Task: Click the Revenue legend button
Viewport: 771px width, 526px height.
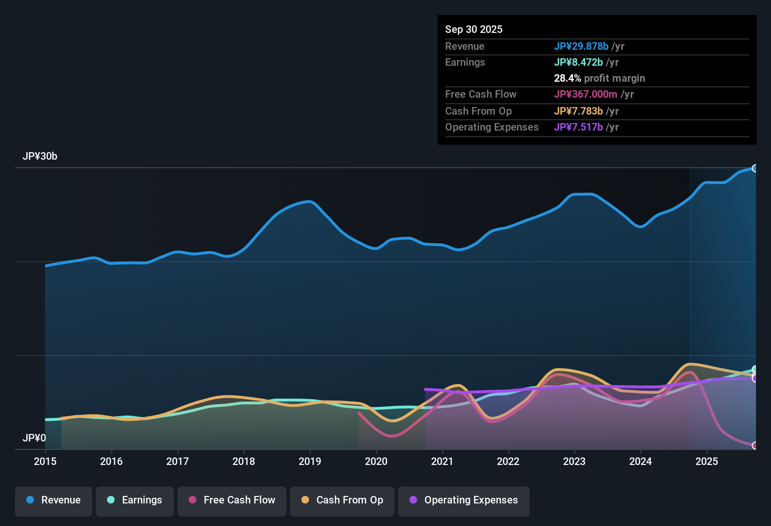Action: tap(54, 500)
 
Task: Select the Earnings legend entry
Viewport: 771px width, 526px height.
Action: tap(135, 500)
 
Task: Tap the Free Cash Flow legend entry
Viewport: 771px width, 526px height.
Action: tap(232, 500)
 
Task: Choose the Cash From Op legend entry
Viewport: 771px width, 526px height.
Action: tap(342, 500)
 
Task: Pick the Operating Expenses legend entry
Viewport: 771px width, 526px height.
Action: tap(464, 500)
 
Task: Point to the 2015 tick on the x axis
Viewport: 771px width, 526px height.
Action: tap(45, 461)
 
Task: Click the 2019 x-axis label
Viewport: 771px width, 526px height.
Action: tap(310, 461)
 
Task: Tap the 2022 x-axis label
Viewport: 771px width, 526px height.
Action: tap(508, 461)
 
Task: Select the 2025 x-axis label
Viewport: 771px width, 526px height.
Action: tap(707, 461)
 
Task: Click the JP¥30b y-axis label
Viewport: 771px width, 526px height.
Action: tap(40, 156)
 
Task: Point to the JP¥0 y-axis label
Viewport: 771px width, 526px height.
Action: tap(34, 438)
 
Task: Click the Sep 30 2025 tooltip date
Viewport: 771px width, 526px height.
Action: tap(474, 29)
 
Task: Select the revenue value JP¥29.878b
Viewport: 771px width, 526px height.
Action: tap(581, 46)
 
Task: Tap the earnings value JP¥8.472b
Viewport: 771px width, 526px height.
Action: tap(578, 62)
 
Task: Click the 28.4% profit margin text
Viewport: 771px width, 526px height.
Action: tap(600, 78)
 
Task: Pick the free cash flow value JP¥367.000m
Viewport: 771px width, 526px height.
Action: tap(586, 94)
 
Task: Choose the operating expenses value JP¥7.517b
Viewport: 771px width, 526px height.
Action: tap(578, 127)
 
